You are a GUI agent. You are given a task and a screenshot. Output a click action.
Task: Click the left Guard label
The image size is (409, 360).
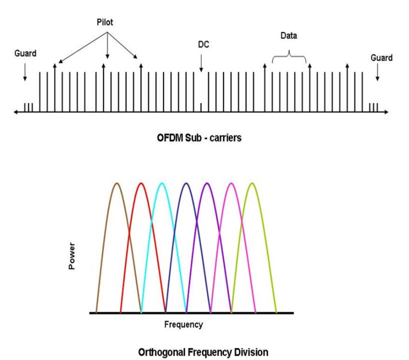click(25, 54)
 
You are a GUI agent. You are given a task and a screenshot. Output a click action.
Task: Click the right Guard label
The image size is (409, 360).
click(381, 57)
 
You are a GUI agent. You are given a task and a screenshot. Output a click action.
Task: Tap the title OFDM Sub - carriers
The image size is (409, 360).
click(199, 138)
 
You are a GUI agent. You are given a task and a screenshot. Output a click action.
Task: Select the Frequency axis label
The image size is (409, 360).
click(183, 324)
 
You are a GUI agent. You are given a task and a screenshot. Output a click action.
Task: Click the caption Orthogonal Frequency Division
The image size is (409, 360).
click(204, 352)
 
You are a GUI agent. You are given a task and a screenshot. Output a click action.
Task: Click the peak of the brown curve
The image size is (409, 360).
click(116, 183)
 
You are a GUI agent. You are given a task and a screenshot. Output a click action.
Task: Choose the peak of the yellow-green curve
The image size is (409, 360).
click(252, 183)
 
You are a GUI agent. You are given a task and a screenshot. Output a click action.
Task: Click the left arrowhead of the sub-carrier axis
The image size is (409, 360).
click(15, 112)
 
